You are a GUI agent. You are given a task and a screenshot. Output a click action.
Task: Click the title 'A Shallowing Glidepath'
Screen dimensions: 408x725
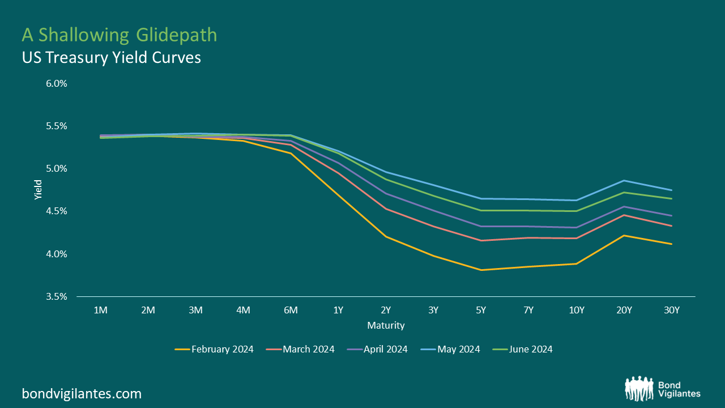[x=119, y=35]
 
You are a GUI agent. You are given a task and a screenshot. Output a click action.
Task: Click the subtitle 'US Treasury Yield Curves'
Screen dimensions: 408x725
[x=111, y=57]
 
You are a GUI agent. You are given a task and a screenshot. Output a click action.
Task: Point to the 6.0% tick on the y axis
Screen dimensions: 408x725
[x=57, y=83]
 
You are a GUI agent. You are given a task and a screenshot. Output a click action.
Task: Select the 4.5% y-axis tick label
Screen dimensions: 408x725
[x=57, y=211]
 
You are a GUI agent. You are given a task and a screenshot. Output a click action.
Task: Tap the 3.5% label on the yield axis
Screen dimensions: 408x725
[x=57, y=296]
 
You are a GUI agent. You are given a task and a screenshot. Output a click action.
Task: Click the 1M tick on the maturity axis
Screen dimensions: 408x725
[x=100, y=311]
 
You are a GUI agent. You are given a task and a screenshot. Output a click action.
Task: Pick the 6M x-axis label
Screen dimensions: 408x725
[x=291, y=311]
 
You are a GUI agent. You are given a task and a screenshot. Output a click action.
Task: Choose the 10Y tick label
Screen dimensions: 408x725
[x=576, y=311]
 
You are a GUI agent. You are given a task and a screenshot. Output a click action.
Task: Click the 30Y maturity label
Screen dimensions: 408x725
[x=671, y=311]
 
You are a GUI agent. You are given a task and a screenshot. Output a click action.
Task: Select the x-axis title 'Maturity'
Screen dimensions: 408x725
[x=386, y=325]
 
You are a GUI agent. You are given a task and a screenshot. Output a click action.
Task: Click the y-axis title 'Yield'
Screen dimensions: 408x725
[x=38, y=190]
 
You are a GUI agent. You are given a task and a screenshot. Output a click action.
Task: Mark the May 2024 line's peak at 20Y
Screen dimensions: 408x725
[x=624, y=181]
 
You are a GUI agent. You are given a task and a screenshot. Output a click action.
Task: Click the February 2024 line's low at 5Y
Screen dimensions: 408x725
[x=481, y=270]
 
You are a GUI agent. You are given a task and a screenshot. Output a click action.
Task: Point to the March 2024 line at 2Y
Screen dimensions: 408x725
[x=386, y=209]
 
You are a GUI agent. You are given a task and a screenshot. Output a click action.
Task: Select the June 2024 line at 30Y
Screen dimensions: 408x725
[x=671, y=198]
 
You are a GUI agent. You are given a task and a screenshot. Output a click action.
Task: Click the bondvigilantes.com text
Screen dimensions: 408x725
[x=82, y=393]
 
